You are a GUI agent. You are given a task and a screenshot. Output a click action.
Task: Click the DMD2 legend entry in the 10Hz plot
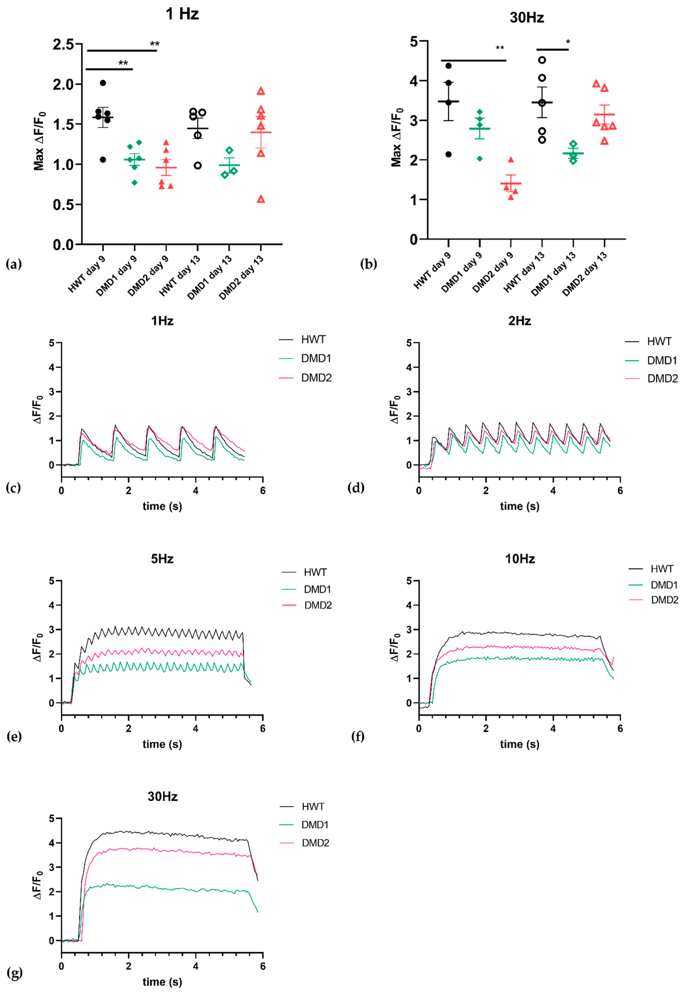(664, 600)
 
